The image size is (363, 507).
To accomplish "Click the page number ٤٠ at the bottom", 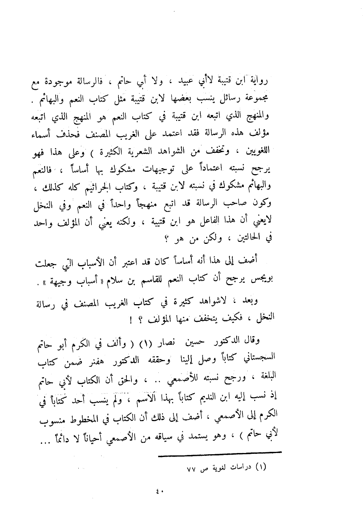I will tap(159, 491).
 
